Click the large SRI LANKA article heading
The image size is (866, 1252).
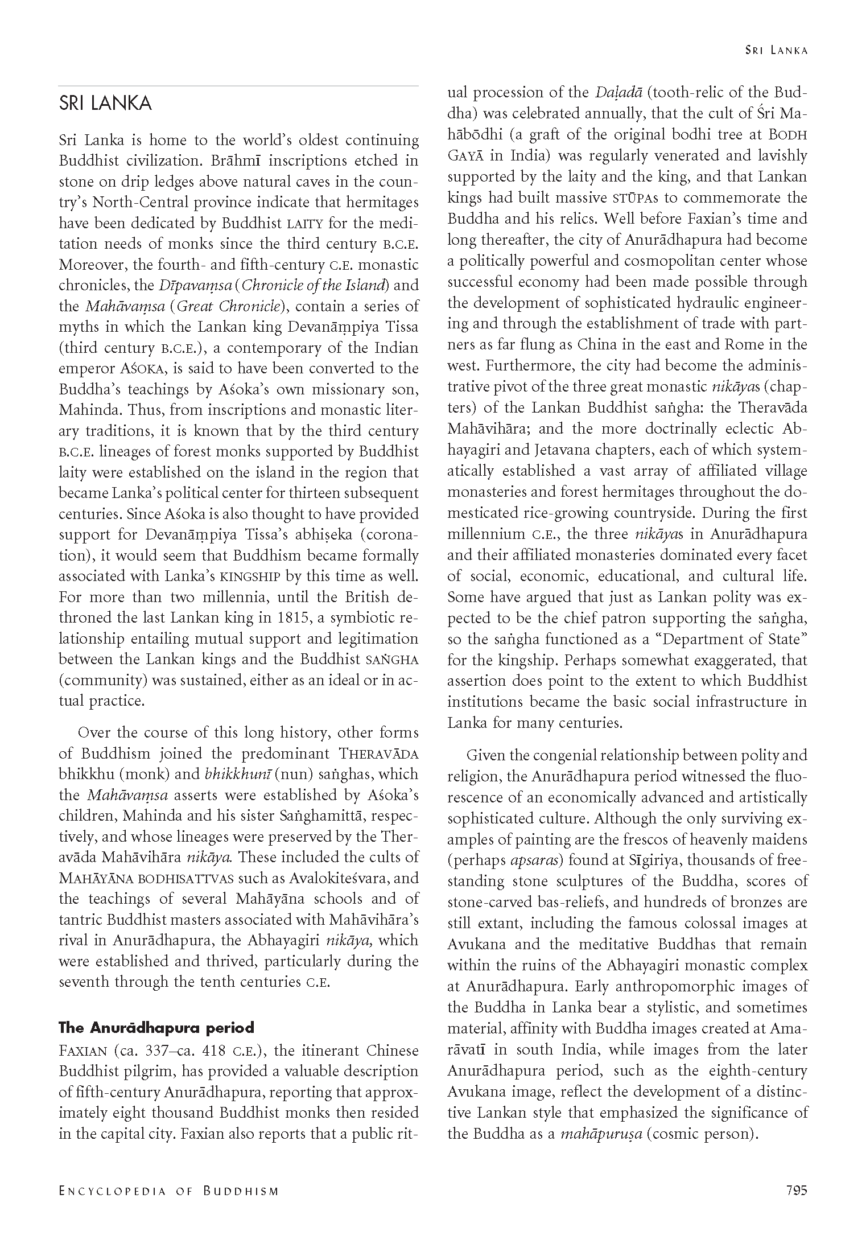105,104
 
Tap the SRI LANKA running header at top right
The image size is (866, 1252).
777,51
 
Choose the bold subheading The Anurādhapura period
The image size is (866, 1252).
156,1028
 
